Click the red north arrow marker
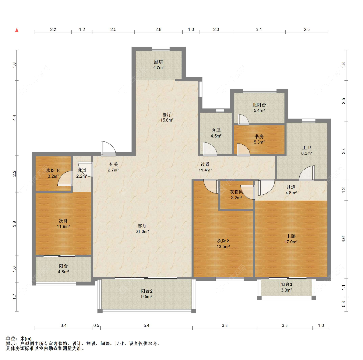click(17, 30)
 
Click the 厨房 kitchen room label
click(158, 62)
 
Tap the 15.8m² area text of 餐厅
click(167, 120)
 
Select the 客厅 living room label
click(142, 226)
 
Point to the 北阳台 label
click(259, 105)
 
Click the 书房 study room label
click(259, 137)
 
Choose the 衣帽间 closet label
click(237, 192)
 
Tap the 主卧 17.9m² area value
click(291, 242)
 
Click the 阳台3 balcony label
click(287, 284)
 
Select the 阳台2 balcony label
click(146, 291)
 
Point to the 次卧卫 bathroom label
click(53, 170)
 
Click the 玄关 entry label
click(114, 164)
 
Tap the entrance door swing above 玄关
click(108, 149)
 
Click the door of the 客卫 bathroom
click(210, 149)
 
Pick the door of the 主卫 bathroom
click(307, 173)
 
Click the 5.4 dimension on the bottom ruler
click(146, 325)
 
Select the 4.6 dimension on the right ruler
click(344, 239)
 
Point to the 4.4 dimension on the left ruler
click(14, 118)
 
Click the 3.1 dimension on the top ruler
click(259, 30)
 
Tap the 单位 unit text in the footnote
click(11, 338)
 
